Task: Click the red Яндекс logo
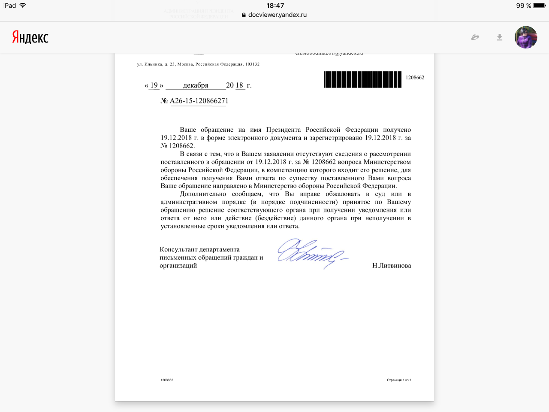click(30, 37)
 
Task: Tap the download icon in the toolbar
click(500, 37)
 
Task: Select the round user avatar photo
click(526, 37)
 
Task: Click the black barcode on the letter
click(363, 79)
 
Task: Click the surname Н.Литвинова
click(392, 266)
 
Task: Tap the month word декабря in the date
click(196, 85)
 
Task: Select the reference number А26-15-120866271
click(199, 101)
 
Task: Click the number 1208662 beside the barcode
click(415, 78)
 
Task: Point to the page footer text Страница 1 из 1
click(399, 380)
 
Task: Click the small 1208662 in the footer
click(167, 380)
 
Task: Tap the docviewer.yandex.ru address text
click(278, 15)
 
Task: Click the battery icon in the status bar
click(539, 6)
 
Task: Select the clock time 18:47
click(275, 6)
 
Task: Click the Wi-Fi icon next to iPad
click(23, 6)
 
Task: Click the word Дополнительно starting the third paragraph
click(203, 194)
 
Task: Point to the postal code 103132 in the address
click(252, 64)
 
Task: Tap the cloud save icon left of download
click(475, 37)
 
